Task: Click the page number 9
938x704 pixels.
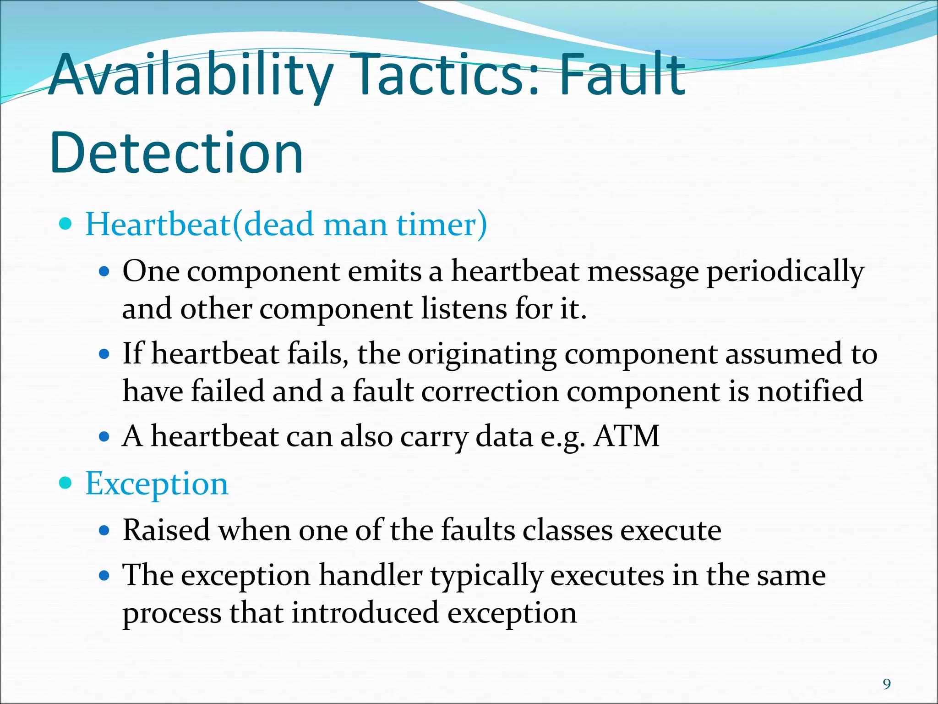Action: pyautogui.click(x=887, y=684)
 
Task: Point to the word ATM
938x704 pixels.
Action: pyautogui.click(x=627, y=436)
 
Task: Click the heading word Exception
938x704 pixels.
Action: pyautogui.click(x=157, y=484)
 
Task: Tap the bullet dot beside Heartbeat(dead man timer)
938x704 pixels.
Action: pyautogui.click(x=66, y=224)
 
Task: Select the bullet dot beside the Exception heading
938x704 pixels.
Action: pyautogui.click(x=66, y=483)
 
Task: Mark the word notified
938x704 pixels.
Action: pyautogui.click(x=810, y=391)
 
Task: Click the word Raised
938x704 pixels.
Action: pyautogui.click(x=166, y=530)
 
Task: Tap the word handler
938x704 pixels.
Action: pyautogui.click(x=371, y=575)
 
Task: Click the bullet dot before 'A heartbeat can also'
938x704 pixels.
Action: pyautogui.click(x=105, y=436)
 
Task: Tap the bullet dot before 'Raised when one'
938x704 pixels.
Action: pyautogui.click(x=105, y=530)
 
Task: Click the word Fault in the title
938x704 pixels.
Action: pyautogui.click(x=622, y=74)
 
